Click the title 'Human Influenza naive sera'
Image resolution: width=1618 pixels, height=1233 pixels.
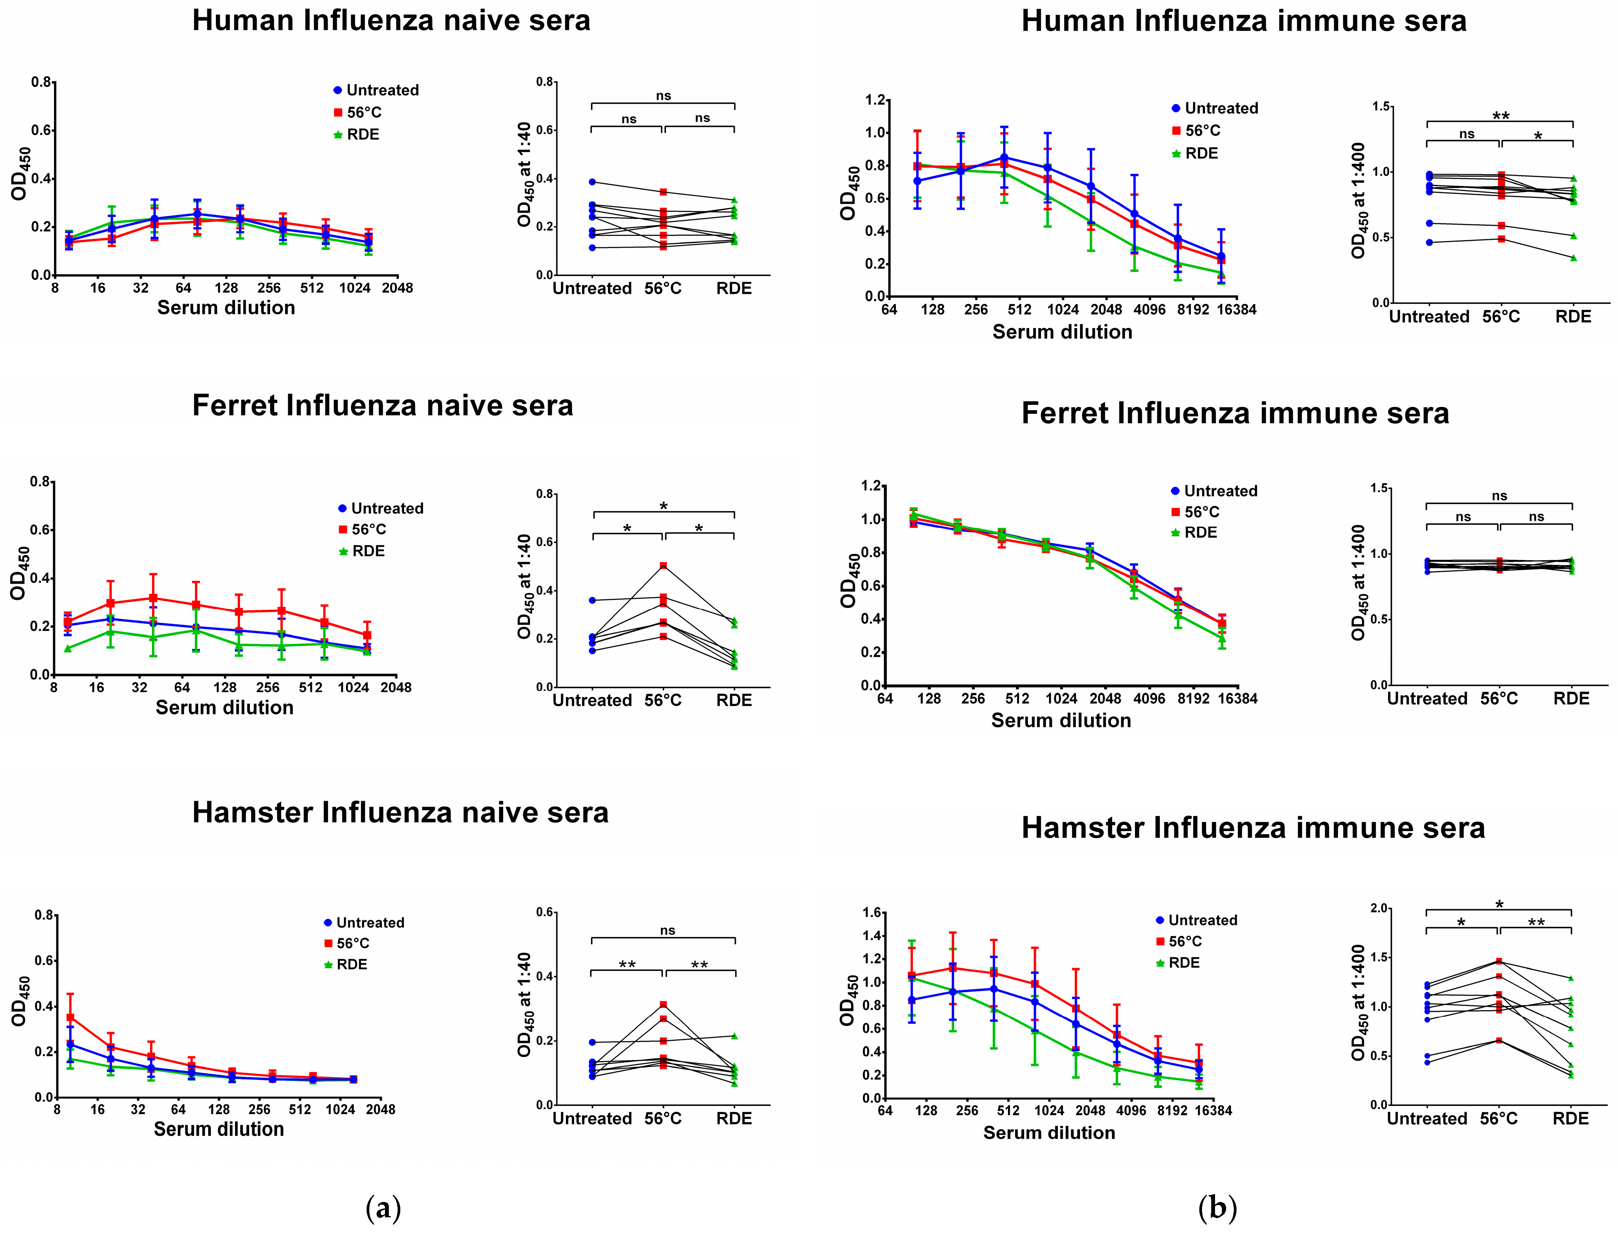pyautogui.click(x=391, y=21)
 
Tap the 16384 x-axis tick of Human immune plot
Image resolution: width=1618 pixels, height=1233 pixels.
pyautogui.click(x=1236, y=310)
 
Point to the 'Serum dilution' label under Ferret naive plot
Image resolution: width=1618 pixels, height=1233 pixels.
pyautogui.click(x=225, y=707)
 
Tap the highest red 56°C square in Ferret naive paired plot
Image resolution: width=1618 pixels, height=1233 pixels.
pyautogui.click(x=663, y=566)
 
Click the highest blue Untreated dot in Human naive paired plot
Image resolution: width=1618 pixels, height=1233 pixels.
pyautogui.click(x=592, y=182)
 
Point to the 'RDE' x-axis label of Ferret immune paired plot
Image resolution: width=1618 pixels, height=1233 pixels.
pyautogui.click(x=1571, y=699)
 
